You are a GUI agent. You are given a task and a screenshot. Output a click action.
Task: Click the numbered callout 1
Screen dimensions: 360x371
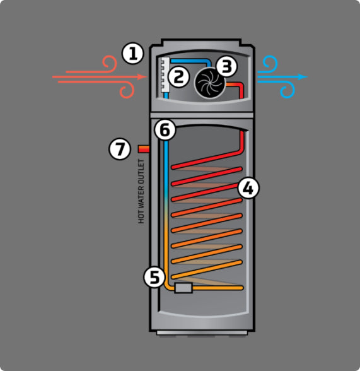coord(132,53)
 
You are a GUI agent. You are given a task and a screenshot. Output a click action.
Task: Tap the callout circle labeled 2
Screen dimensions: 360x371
coord(178,77)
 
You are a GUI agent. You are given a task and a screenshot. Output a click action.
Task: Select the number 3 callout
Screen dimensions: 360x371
coord(226,66)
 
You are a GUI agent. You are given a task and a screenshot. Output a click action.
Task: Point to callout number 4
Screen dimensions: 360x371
coord(248,189)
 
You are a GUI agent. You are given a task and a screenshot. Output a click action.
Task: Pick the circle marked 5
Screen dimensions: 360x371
coord(154,277)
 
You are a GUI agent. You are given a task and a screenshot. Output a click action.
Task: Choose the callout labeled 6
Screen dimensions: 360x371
coord(165,130)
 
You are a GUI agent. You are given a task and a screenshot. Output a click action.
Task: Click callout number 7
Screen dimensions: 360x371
coord(120,149)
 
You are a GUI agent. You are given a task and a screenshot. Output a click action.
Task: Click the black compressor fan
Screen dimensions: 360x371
coord(209,83)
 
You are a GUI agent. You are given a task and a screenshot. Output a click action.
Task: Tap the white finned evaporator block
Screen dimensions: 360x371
coord(165,75)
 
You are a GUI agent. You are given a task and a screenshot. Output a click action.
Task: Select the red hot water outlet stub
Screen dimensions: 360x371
coord(144,149)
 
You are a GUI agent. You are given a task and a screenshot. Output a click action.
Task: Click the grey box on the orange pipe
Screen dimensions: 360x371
coord(183,288)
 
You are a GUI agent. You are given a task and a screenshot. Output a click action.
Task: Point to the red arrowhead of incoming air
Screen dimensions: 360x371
coord(142,77)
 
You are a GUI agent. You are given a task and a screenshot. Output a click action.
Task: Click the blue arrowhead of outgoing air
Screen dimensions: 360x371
coord(303,77)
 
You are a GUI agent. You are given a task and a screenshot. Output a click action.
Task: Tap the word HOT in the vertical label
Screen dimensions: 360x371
coord(141,218)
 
